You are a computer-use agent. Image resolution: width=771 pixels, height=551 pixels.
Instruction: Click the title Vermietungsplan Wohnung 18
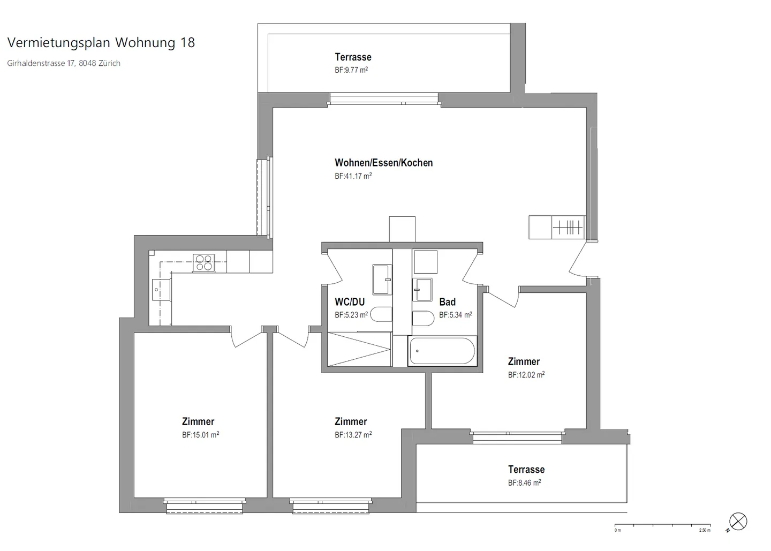[101, 43]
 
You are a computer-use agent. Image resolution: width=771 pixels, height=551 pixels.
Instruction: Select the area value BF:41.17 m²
[353, 176]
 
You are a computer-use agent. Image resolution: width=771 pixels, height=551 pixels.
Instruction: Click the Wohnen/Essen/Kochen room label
[383, 163]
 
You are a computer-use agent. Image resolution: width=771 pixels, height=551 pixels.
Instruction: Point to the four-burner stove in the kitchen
[203, 263]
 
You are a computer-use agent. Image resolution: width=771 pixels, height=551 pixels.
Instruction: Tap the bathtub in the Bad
[442, 352]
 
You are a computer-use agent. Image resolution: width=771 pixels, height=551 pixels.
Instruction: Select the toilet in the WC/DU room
[381, 314]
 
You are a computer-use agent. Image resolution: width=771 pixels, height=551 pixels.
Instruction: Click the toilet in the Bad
[423, 318]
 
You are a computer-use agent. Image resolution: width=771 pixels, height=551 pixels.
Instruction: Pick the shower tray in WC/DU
[359, 349]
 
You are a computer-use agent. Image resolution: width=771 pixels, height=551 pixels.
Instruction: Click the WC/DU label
[349, 302]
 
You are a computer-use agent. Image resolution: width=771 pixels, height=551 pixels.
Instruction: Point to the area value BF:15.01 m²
[200, 435]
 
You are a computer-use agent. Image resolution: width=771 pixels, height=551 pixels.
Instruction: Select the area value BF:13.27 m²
[353, 435]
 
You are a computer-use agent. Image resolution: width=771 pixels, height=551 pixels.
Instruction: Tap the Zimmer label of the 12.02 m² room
[524, 362]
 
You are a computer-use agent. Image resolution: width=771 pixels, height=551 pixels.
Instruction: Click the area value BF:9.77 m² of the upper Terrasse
[351, 70]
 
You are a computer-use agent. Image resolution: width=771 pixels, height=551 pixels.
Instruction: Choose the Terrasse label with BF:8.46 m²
[526, 470]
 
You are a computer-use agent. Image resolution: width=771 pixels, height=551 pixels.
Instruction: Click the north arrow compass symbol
[738, 522]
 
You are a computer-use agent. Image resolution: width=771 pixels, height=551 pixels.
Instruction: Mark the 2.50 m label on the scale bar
[705, 530]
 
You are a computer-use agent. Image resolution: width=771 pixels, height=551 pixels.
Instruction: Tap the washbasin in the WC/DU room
[383, 280]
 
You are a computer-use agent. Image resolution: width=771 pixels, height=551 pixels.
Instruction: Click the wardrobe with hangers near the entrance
[568, 227]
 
